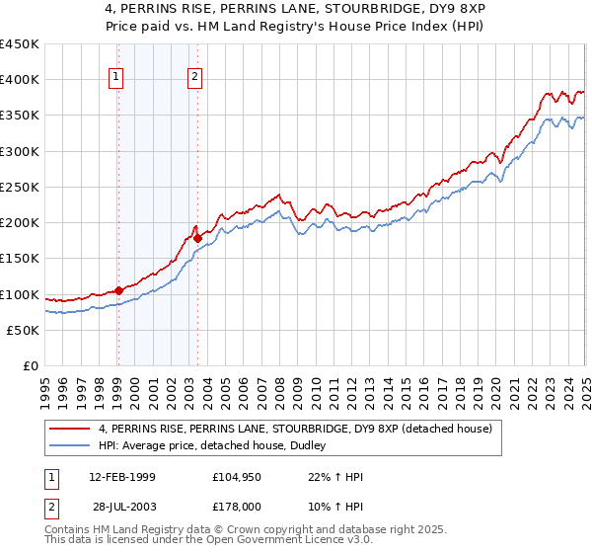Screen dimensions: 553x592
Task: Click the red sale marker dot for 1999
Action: (x=118, y=290)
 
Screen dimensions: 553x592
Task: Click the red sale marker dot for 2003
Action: (x=198, y=238)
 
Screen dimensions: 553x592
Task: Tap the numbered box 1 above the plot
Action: (x=116, y=78)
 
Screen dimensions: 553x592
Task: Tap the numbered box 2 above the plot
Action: (x=195, y=78)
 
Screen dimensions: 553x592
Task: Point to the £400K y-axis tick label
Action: (x=20, y=80)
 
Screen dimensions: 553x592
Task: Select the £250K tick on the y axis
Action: (x=20, y=187)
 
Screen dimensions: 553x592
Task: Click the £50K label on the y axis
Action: (x=24, y=330)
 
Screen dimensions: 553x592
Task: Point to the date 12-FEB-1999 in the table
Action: (x=121, y=477)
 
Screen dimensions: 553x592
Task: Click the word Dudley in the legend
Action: (x=321, y=445)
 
